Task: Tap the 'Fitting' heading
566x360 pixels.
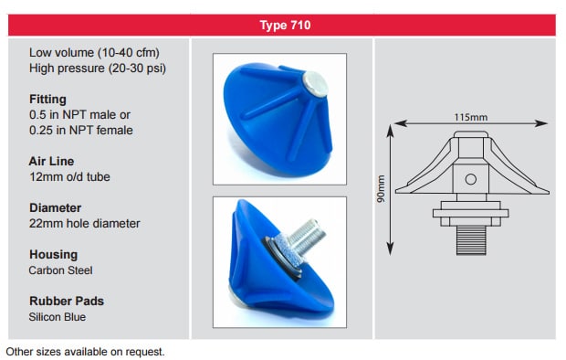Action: (47, 99)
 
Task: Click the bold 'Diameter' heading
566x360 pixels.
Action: (56, 207)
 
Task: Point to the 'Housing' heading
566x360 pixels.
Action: (53, 254)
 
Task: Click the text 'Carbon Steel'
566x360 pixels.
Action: (61, 271)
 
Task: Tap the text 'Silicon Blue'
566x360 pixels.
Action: (59, 317)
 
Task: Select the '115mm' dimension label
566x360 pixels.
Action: (470, 116)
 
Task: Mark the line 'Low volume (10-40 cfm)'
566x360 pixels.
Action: (94, 53)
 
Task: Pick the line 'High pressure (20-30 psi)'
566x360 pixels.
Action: (98, 69)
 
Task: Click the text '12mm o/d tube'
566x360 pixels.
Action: (71, 177)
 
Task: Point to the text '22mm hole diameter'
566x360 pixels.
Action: (85, 224)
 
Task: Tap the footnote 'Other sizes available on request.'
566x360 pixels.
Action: (86, 350)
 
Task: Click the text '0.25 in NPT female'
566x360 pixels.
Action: (81, 130)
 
